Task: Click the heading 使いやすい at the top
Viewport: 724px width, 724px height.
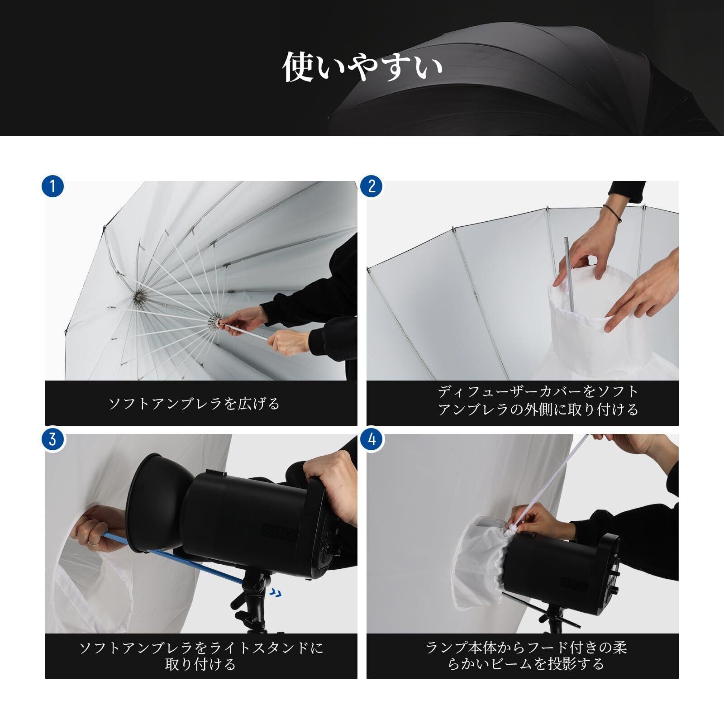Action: coord(362,67)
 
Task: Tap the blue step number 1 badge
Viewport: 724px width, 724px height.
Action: coord(53,186)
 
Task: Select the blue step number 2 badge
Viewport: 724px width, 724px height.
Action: coord(372,186)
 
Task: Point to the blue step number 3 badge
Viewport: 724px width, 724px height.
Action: coord(53,439)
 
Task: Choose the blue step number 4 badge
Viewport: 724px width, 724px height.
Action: coord(372,439)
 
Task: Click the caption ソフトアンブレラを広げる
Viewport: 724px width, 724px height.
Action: coord(195,403)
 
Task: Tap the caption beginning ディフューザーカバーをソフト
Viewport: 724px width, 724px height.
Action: coord(538,400)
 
